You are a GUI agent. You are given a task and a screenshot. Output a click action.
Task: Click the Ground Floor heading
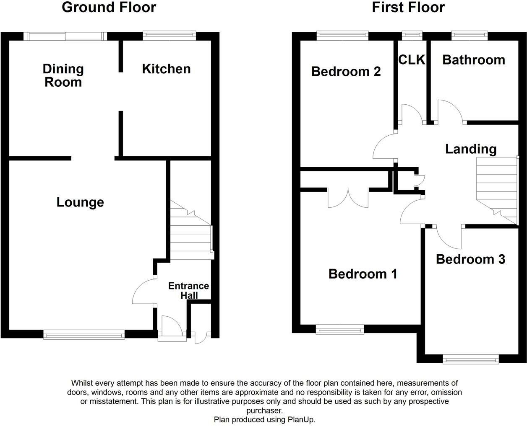point(109,8)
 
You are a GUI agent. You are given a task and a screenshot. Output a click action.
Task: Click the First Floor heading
point(408,8)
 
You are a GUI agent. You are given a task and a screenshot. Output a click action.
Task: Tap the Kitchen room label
point(166,69)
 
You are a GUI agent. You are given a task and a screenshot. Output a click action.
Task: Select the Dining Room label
point(63,75)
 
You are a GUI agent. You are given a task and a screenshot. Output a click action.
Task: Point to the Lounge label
point(80,202)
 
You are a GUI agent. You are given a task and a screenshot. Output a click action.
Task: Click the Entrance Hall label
point(189,290)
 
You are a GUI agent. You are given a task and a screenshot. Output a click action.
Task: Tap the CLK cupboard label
point(412,60)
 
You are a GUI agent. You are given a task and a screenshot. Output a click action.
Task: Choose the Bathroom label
point(474,60)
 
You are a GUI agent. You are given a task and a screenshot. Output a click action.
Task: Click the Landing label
point(471,149)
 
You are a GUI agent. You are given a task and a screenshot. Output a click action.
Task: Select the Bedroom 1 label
point(363,274)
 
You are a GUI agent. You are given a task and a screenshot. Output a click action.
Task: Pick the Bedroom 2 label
point(346,72)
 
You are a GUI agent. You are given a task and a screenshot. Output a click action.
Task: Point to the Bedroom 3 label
point(470,259)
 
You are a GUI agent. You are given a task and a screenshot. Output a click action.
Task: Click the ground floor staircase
point(191,230)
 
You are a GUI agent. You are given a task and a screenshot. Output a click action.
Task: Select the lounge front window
point(84,334)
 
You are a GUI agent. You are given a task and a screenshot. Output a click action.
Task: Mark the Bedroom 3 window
point(471,359)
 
